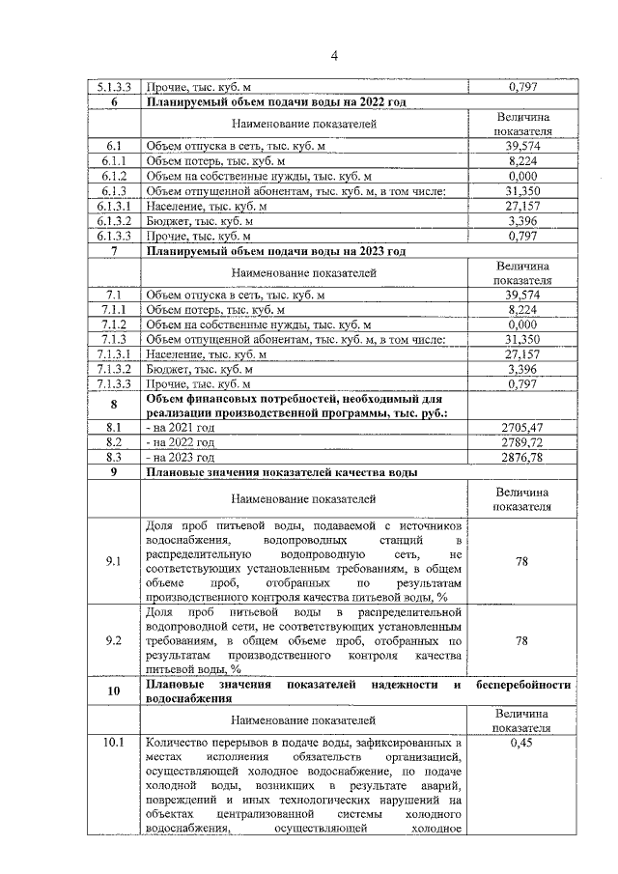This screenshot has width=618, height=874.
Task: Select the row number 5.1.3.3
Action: (x=115, y=88)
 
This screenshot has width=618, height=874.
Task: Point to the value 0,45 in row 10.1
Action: (x=521, y=744)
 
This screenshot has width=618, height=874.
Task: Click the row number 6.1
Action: (x=115, y=145)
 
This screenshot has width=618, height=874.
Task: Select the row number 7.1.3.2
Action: (x=115, y=369)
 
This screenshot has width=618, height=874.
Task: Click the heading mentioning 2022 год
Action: (x=275, y=102)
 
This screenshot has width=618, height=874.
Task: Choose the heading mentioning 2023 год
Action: (x=275, y=251)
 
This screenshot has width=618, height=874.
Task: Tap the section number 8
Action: (x=115, y=405)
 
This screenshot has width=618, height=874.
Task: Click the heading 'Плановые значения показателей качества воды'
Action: (x=281, y=473)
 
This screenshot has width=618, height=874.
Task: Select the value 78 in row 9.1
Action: (x=521, y=561)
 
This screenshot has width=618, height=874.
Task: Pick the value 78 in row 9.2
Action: (x=521, y=639)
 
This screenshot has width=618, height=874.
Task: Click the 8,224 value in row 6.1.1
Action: (x=521, y=161)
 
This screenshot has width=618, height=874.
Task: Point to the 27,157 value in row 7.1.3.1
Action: (x=521, y=354)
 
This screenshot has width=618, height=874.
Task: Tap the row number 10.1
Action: (x=115, y=744)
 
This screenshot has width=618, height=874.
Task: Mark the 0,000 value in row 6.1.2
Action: (x=521, y=177)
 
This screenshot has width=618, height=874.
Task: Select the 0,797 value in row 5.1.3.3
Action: (x=521, y=88)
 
